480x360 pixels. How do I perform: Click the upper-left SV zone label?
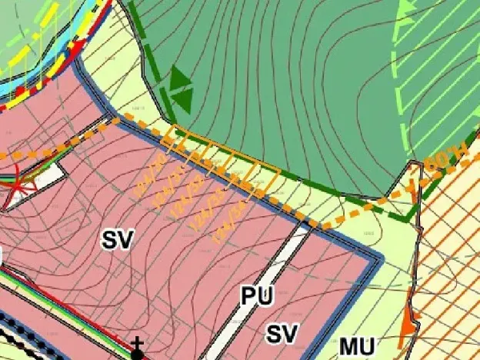tap(116, 240)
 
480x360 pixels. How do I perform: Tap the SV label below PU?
tap(282, 334)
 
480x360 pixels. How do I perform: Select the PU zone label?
tap(257, 296)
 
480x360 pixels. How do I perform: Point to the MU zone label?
tap(357, 347)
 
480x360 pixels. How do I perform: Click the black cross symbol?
tap(137, 343)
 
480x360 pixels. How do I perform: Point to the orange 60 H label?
tap(439, 164)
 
